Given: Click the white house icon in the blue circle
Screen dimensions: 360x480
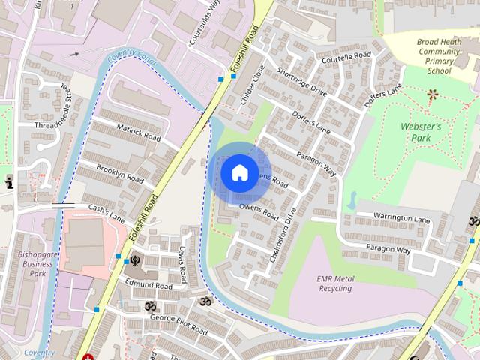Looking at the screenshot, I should click(x=238, y=172).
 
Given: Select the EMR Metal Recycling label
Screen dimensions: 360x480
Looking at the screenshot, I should click(x=334, y=283).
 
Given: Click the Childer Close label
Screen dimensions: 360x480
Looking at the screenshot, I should click(x=249, y=86).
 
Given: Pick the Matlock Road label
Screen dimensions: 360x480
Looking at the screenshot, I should click(x=139, y=133).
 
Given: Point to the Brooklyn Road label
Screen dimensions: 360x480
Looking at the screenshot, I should click(x=120, y=174).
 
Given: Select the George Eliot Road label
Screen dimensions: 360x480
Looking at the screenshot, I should click(x=177, y=323).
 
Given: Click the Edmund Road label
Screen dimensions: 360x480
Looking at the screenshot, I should click(x=148, y=285).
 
